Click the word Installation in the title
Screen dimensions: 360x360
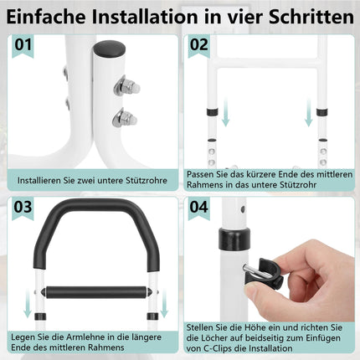(x=145, y=17)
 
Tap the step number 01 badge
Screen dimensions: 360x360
(x=23, y=45)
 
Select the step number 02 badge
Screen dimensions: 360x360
(x=198, y=45)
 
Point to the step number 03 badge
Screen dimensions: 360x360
(x=23, y=208)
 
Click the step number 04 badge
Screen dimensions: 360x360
(x=198, y=208)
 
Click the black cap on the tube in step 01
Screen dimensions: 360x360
(x=109, y=49)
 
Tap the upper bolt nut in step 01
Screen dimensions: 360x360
(x=126, y=86)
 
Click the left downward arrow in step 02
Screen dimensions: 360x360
(x=226, y=111)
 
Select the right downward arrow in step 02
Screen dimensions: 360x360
(x=308, y=111)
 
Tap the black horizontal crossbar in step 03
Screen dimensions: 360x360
(x=96, y=292)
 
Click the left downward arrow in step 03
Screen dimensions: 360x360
(x=27, y=304)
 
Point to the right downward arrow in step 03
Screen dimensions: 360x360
(x=164, y=304)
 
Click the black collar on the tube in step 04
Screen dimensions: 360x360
(x=234, y=239)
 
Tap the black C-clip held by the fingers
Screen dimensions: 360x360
(x=264, y=274)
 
